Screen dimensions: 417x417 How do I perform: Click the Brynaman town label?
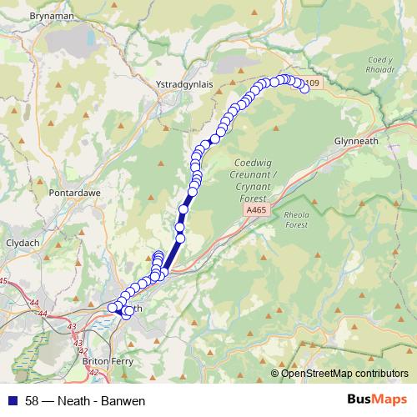31,16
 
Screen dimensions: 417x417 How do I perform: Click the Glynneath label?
356,141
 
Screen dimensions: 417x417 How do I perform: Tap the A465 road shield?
257,212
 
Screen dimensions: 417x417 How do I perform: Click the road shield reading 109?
312,83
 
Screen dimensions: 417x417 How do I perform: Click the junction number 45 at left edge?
3,281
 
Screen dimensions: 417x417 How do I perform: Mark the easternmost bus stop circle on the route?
304,90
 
